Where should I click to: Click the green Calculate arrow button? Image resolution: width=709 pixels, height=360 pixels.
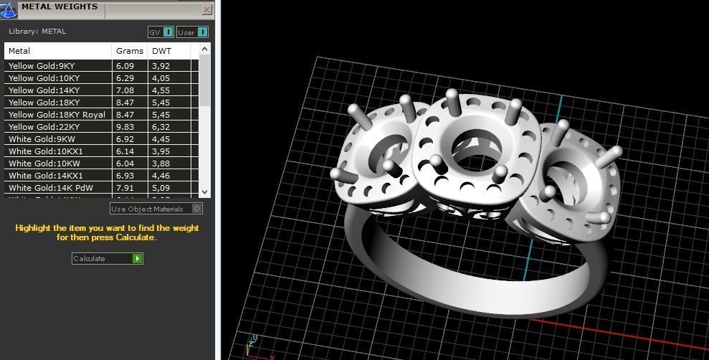[x=138, y=258]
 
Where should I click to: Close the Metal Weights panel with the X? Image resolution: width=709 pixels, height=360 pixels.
[x=207, y=9]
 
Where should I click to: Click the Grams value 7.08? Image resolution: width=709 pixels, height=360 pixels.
[x=125, y=90]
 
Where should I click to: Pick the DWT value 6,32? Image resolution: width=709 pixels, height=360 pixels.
[x=161, y=127]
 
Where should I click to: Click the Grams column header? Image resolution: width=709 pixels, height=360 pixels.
[x=129, y=51]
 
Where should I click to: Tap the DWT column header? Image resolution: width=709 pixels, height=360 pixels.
[x=159, y=51]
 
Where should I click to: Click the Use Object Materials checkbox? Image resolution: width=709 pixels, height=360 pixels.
[x=197, y=209]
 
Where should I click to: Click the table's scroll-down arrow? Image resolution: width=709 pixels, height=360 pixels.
[x=205, y=191]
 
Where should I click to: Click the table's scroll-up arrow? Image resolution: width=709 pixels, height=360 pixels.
[x=205, y=49]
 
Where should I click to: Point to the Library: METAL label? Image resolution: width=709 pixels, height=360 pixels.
[x=37, y=32]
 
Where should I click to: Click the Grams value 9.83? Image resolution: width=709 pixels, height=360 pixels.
[x=125, y=127]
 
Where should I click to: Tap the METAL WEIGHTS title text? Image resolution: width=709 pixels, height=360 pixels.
[x=60, y=6]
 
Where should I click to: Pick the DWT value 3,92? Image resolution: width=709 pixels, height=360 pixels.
[x=161, y=66]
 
